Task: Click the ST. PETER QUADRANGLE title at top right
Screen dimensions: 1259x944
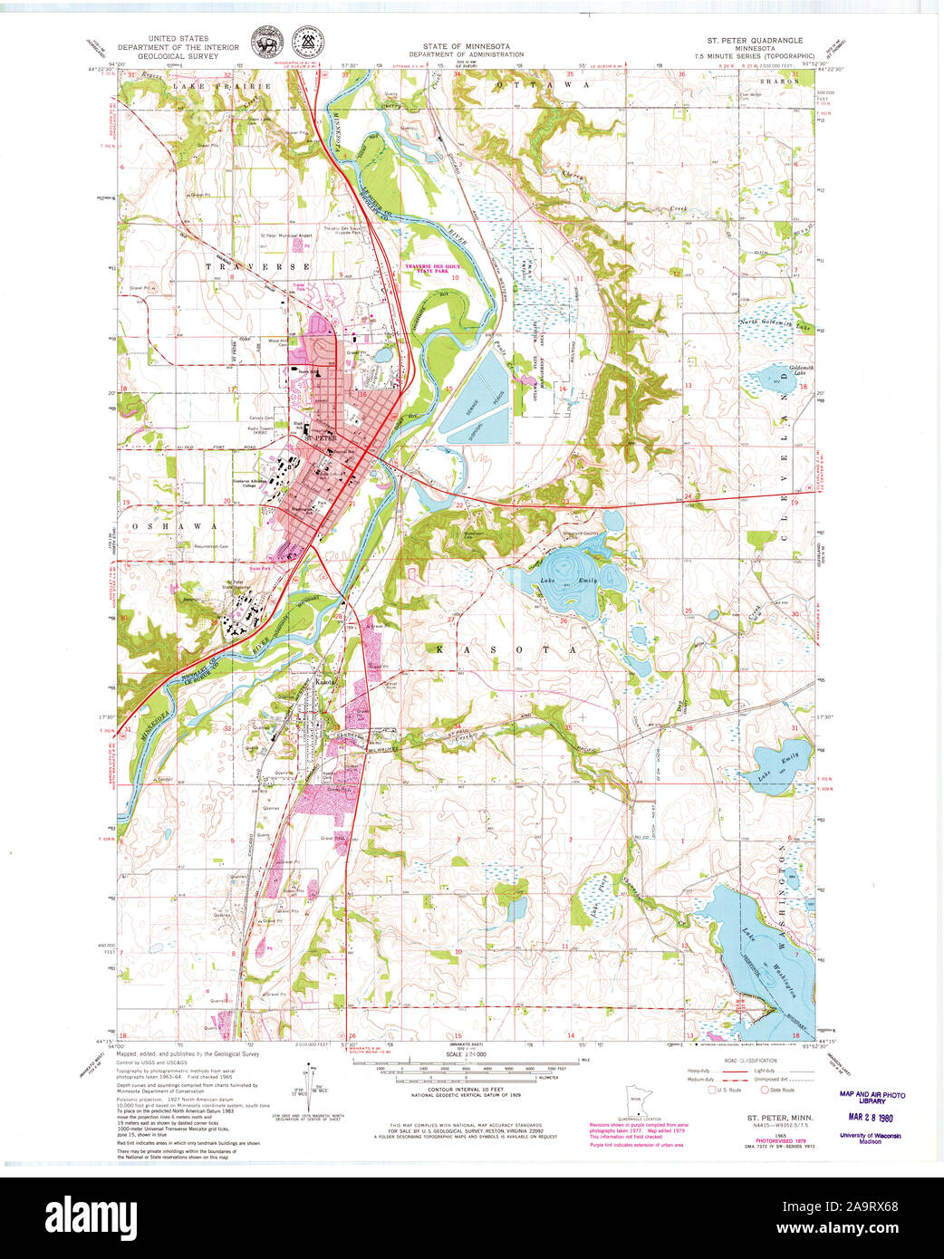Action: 755,41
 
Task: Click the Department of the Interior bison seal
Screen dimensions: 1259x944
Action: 266,41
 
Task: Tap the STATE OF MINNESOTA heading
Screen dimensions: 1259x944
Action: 466,46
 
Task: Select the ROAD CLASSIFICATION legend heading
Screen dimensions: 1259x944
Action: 749,1061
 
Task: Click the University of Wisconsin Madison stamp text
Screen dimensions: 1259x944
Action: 870,1139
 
